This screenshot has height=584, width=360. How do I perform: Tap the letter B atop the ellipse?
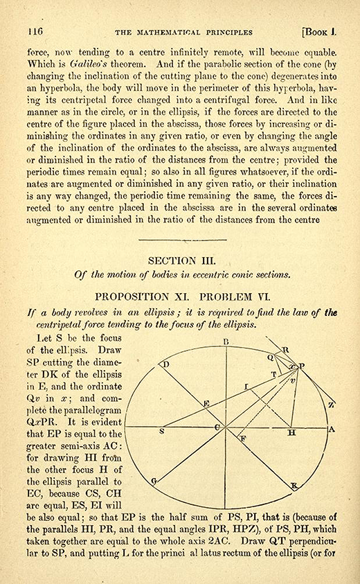click(x=226, y=342)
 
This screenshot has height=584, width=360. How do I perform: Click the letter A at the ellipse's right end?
click(x=332, y=430)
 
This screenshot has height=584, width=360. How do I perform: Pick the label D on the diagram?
click(x=165, y=364)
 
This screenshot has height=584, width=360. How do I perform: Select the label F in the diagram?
click(x=242, y=439)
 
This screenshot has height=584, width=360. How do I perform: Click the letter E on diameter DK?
click(x=206, y=404)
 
